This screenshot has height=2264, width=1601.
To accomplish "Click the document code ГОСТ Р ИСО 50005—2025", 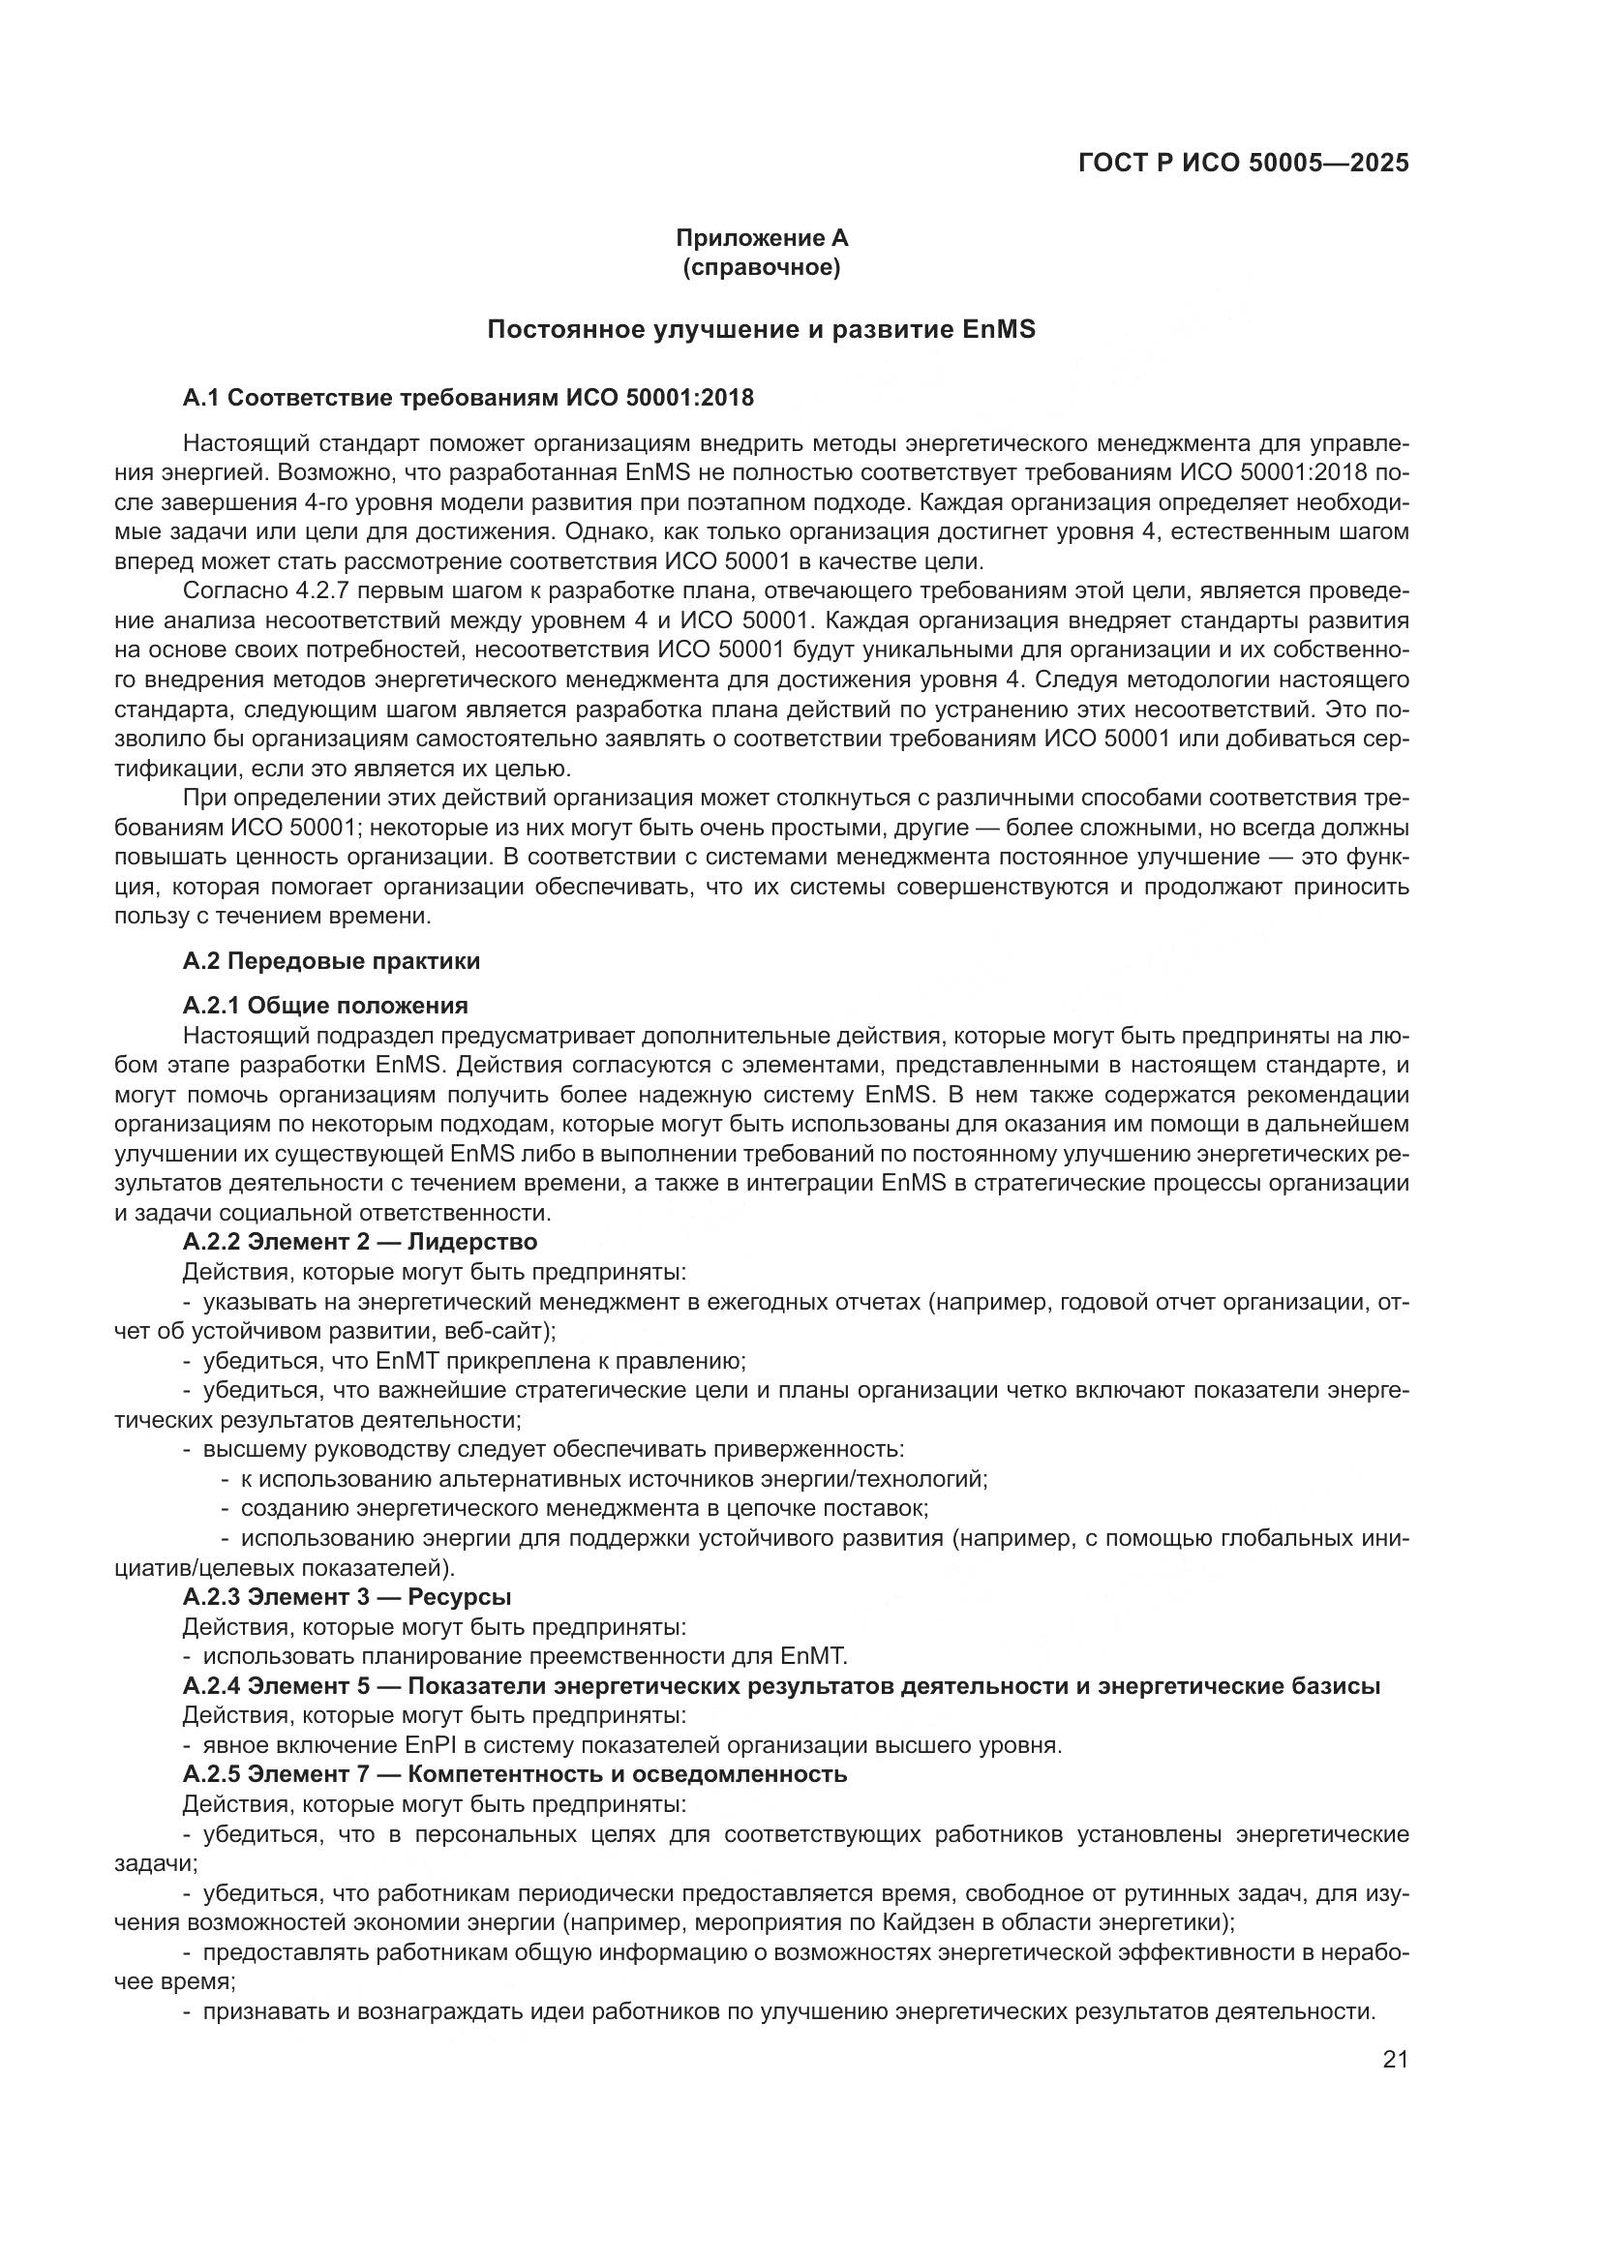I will (1243, 163).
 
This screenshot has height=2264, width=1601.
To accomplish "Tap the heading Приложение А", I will (761, 238).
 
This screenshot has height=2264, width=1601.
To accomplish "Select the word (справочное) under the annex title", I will (761, 268).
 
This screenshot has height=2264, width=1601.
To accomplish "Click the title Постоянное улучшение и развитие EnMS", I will (761, 329).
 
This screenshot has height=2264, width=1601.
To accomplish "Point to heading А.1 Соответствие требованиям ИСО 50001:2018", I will (468, 398).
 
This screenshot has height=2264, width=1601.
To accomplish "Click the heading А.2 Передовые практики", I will (331, 960).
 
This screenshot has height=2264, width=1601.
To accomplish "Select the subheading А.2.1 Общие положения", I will (325, 1006).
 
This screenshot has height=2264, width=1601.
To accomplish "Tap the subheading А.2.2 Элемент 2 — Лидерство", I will (360, 1242).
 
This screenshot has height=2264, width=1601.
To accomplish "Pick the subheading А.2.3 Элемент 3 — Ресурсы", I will (347, 1596).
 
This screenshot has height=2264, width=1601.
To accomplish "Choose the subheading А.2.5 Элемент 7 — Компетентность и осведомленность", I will (515, 1774).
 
